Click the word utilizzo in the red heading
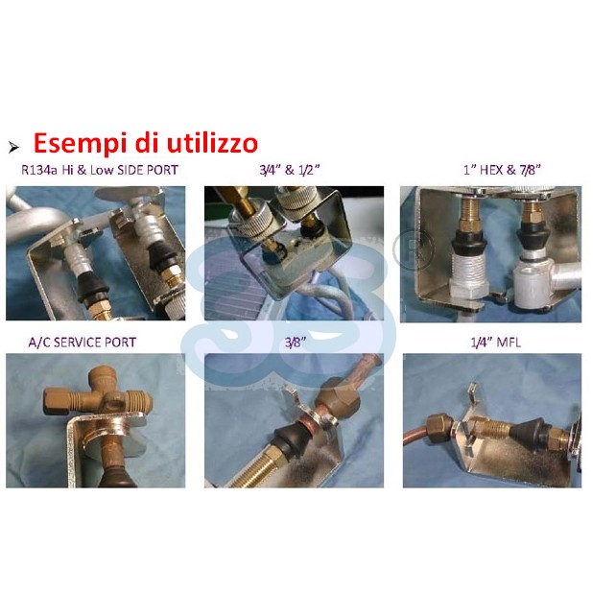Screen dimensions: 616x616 coord(213,142)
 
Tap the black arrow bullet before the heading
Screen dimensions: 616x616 coord(13,148)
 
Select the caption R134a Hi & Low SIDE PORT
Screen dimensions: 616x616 coord(100,170)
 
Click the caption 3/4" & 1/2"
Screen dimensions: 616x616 coord(290,170)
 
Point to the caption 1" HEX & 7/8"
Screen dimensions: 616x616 coord(502,170)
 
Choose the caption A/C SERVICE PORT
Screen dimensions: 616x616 coord(83,343)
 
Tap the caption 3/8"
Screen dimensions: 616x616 coord(296,343)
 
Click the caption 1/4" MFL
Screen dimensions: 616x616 coord(496,343)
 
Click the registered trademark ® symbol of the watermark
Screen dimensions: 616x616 coord(414,249)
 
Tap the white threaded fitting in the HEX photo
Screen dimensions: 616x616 coord(468,275)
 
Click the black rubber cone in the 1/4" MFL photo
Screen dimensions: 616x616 coord(529,432)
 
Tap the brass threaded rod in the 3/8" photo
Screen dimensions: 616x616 coord(255,467)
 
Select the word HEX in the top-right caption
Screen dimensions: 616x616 coord(492,170)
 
